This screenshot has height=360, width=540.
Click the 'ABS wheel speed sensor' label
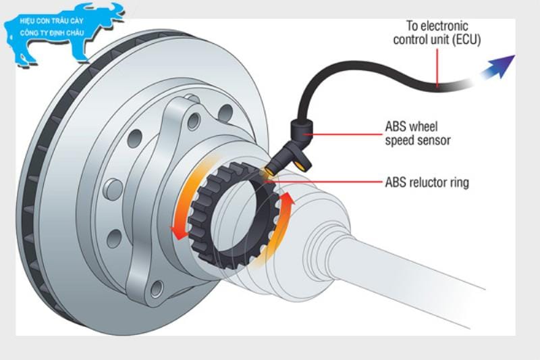pos(417,133)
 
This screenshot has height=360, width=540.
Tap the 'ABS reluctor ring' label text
pos(426,182)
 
